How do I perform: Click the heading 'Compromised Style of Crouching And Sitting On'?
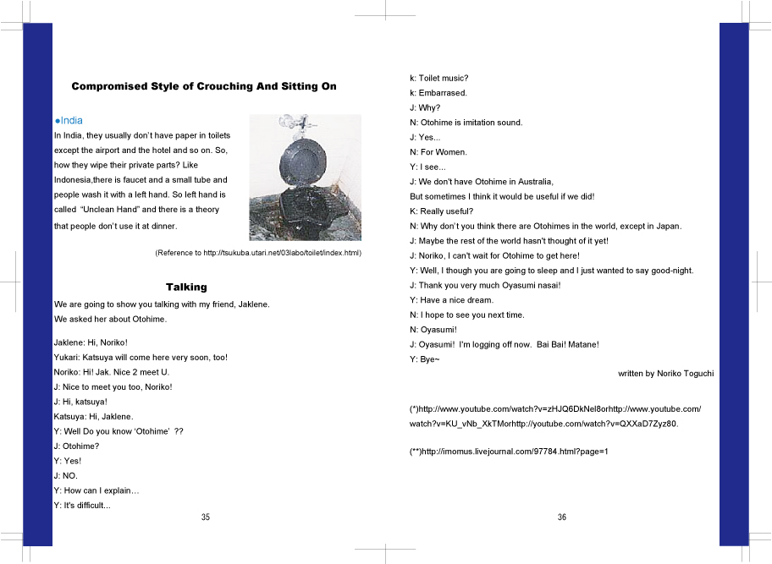click(x=203, y=86)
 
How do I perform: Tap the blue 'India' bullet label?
click(x=70, y=121)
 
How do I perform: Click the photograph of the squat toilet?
click(x=305, y=178)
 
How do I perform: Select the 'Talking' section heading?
click(x=186, y=287)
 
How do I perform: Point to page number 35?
click(x=206, y=517)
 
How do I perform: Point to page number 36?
click(x=562, y=517)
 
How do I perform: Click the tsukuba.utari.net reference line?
click(x=258, y=253)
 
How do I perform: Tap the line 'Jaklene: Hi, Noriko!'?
click(x=91, y=342)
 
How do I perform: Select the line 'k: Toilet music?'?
click(x=438, y=78)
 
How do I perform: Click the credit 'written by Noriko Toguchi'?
click(x=665, y=373)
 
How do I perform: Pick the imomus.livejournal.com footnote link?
click(x=509, y=452)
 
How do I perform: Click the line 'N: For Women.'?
click(x=438, y=152)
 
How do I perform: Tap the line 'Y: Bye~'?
click(x=424, y=359)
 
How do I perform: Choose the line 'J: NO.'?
click(x=65, y=476)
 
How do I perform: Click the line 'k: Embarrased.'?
click(x=438, y=93)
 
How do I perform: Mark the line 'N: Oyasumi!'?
click(x=433, y=330)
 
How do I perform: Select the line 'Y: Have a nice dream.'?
click(x=451, y=300)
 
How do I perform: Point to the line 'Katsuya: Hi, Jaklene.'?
click(x=93, y=417)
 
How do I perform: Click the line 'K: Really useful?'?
click(x=441, y=211)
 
